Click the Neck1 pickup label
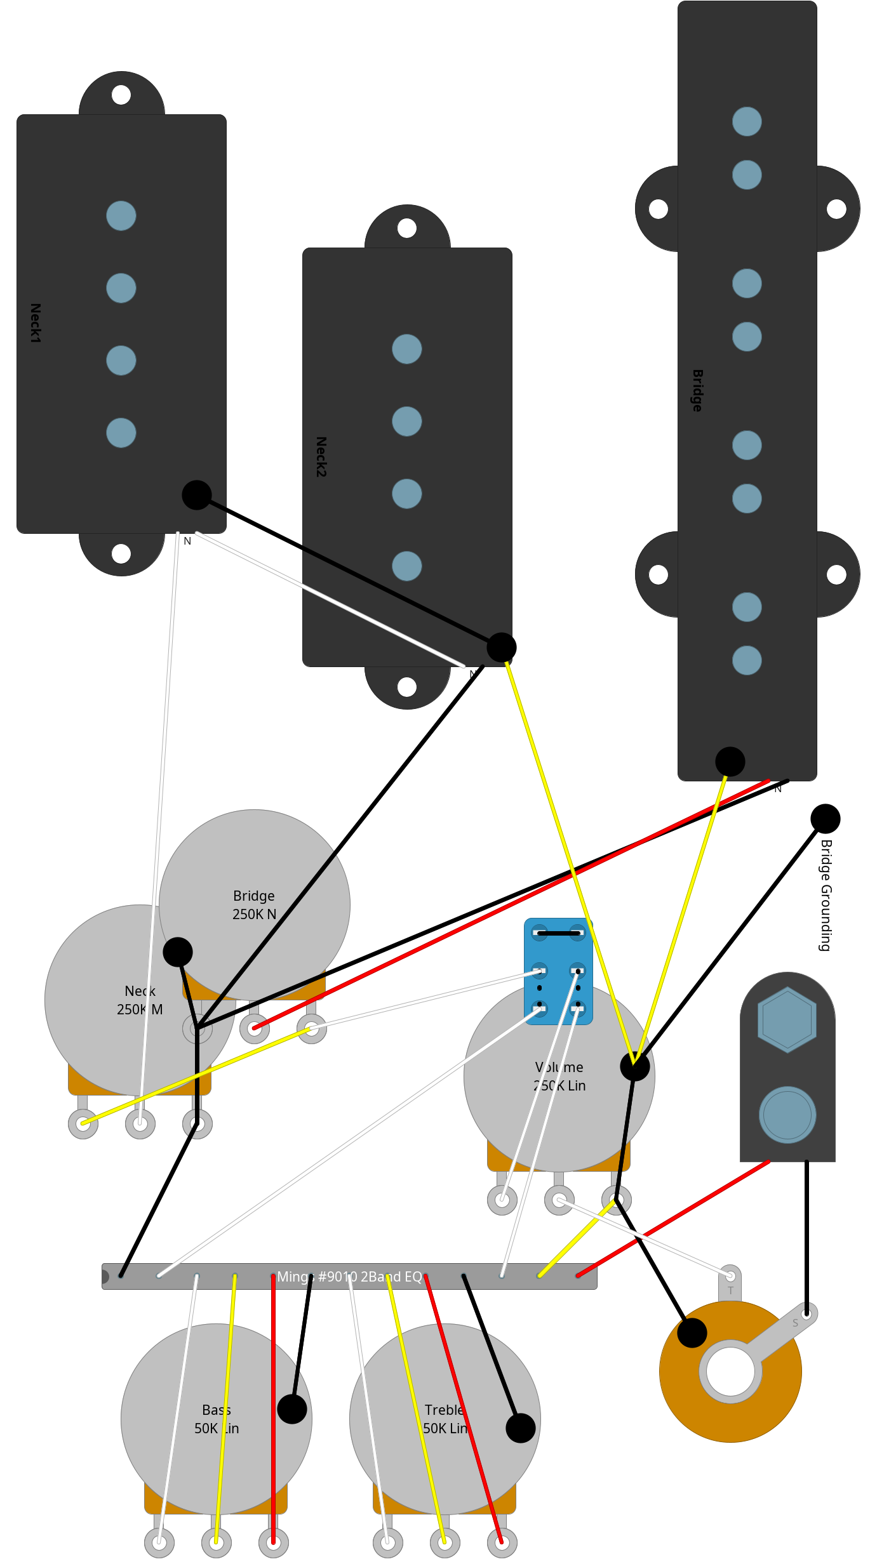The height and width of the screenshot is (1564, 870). pyautogui.click(x=36, y=323)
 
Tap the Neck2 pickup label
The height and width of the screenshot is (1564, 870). pyautogui.click(x=321, y=456)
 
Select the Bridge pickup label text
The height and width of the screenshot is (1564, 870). pyautogui.click(x=697, y=390)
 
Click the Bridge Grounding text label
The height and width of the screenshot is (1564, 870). pyautogui.click(x=826, y=895)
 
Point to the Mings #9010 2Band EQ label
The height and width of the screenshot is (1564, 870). pyautogui.click(x=349, y=1276)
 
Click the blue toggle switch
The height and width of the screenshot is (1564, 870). pyautogui.click(x=558, y=971)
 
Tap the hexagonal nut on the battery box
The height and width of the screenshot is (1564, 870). pyautogui.click(x=787, y=1020)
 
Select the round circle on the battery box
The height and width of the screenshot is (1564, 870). pyautogui.click(x=787, y=1115)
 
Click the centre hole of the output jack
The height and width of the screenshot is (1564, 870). pyautogui.click(x=730, y=1371)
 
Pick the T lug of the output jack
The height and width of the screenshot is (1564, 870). pyautogui.click(x=730, y=1276)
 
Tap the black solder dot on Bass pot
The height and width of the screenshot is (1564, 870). pyautogui.click(x=292, y=1409)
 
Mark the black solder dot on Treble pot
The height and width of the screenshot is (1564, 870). pyautogui.click(x=521, y=1428)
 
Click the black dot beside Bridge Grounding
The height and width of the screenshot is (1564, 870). pyautogui.click(x=825, y=819)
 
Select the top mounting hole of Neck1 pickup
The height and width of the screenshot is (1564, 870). pyautogui.click(x=121, y=95)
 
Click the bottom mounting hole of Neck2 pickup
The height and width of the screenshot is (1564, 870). pyautogui.click(x=407, y=687)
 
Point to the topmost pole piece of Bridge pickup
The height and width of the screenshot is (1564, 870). pyautogui.click(x=747, y=121)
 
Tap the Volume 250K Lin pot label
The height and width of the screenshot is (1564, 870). pyautogui.click(x=559, y=1077)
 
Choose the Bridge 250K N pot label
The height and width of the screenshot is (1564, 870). pyautogui.click(x=254, y=905)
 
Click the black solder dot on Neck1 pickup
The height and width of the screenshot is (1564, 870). pyautogui.click(x=197, y=495)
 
